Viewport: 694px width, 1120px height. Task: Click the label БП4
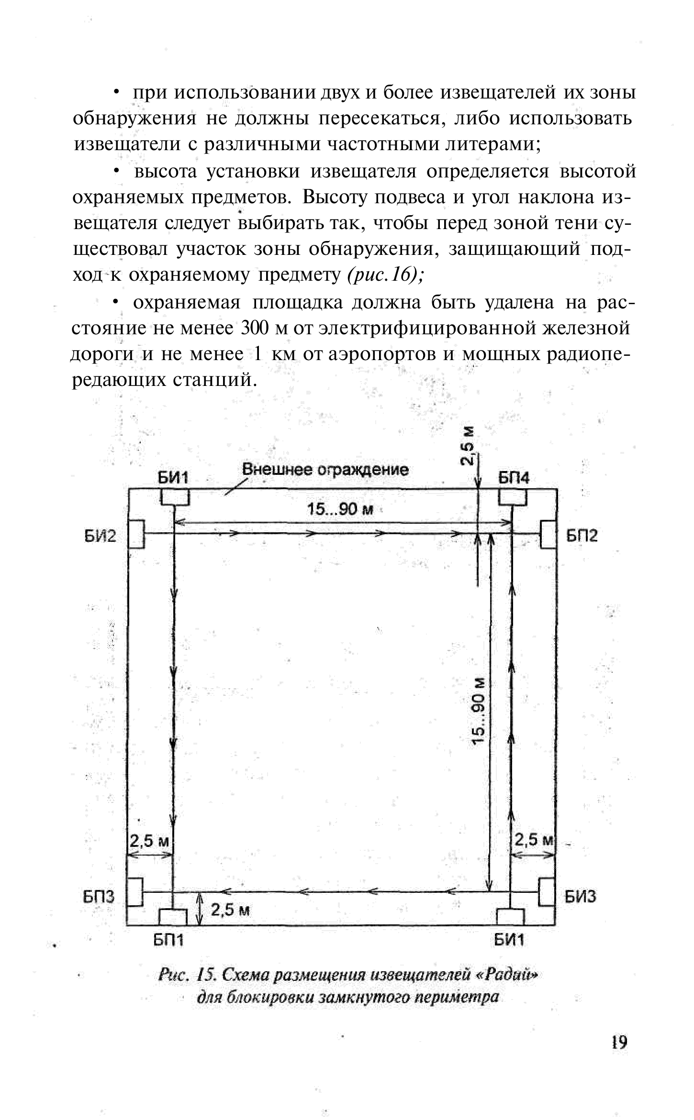click(x=514, y=478)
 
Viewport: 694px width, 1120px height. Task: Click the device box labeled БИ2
click(x=137, y=534)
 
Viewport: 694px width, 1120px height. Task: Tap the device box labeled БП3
click(x=135, y=892)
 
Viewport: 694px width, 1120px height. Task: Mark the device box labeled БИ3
click(x=547, y=892)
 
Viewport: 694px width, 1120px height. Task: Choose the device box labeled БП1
click(x=173, y=917)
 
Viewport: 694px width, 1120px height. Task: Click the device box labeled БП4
click(x=513, y=498)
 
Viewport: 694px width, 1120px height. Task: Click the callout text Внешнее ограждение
click(x=325, y=470)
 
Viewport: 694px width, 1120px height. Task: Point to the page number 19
click(x=618, y=1055)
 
